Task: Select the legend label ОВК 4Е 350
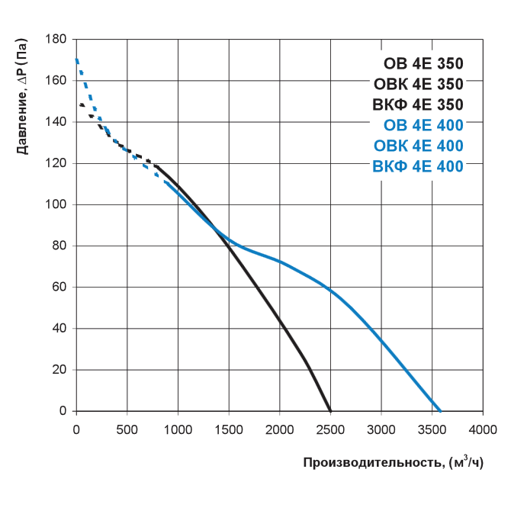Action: click(419, 84)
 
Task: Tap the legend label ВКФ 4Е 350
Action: click(418, 104)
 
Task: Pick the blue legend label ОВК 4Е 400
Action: click(419, 146)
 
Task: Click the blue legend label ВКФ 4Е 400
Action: click(418, 166)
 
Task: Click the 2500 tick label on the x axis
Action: click(330, 429)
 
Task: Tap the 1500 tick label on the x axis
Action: click(229, 429)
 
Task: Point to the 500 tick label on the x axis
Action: click(127, 429)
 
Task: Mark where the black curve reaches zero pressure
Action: click(330, 410)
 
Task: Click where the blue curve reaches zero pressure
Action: click(440, 410)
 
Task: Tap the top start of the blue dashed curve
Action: click(77, 59)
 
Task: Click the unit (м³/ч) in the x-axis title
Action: click(466, 462)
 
